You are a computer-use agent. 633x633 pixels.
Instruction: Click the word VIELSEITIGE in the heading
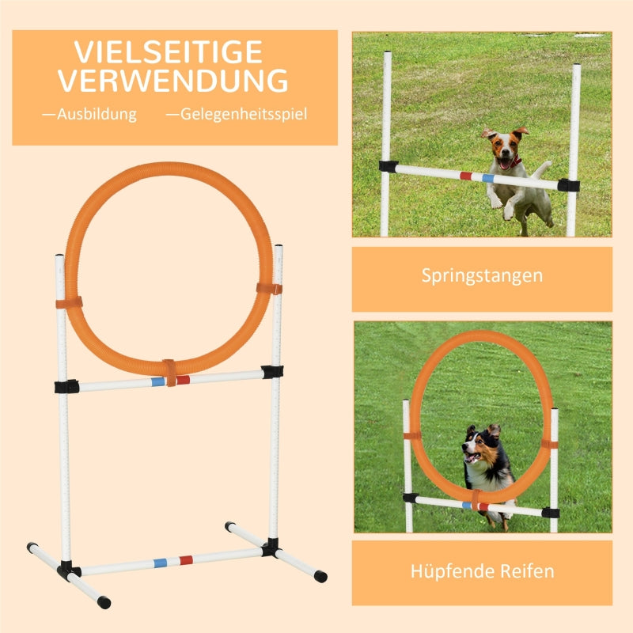click(168, 52)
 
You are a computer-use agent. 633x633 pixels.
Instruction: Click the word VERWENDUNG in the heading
click(172, 81)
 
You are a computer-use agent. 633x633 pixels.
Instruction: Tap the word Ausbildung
click(89, 114)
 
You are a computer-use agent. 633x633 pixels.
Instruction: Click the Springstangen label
click(482, 276)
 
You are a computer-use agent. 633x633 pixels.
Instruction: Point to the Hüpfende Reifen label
click(482, 570)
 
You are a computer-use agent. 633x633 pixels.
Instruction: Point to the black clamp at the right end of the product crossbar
click(272, 371)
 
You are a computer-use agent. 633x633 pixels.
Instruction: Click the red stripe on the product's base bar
click(186, 559)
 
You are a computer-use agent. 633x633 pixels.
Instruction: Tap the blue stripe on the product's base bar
click(161, 563)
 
